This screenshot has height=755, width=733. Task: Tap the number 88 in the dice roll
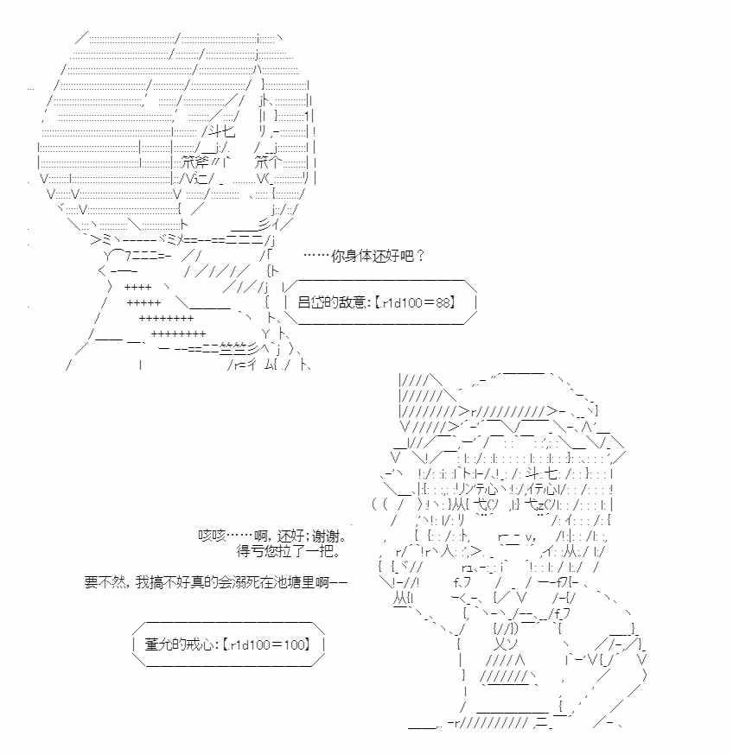442,302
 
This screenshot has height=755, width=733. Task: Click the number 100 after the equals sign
295,644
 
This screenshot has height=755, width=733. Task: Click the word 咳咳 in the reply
212,536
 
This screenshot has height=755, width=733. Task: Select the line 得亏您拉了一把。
288,550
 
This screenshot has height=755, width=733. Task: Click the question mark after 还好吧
420,256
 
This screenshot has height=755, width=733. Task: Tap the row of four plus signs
137,288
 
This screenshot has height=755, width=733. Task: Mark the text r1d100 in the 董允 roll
250,644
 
